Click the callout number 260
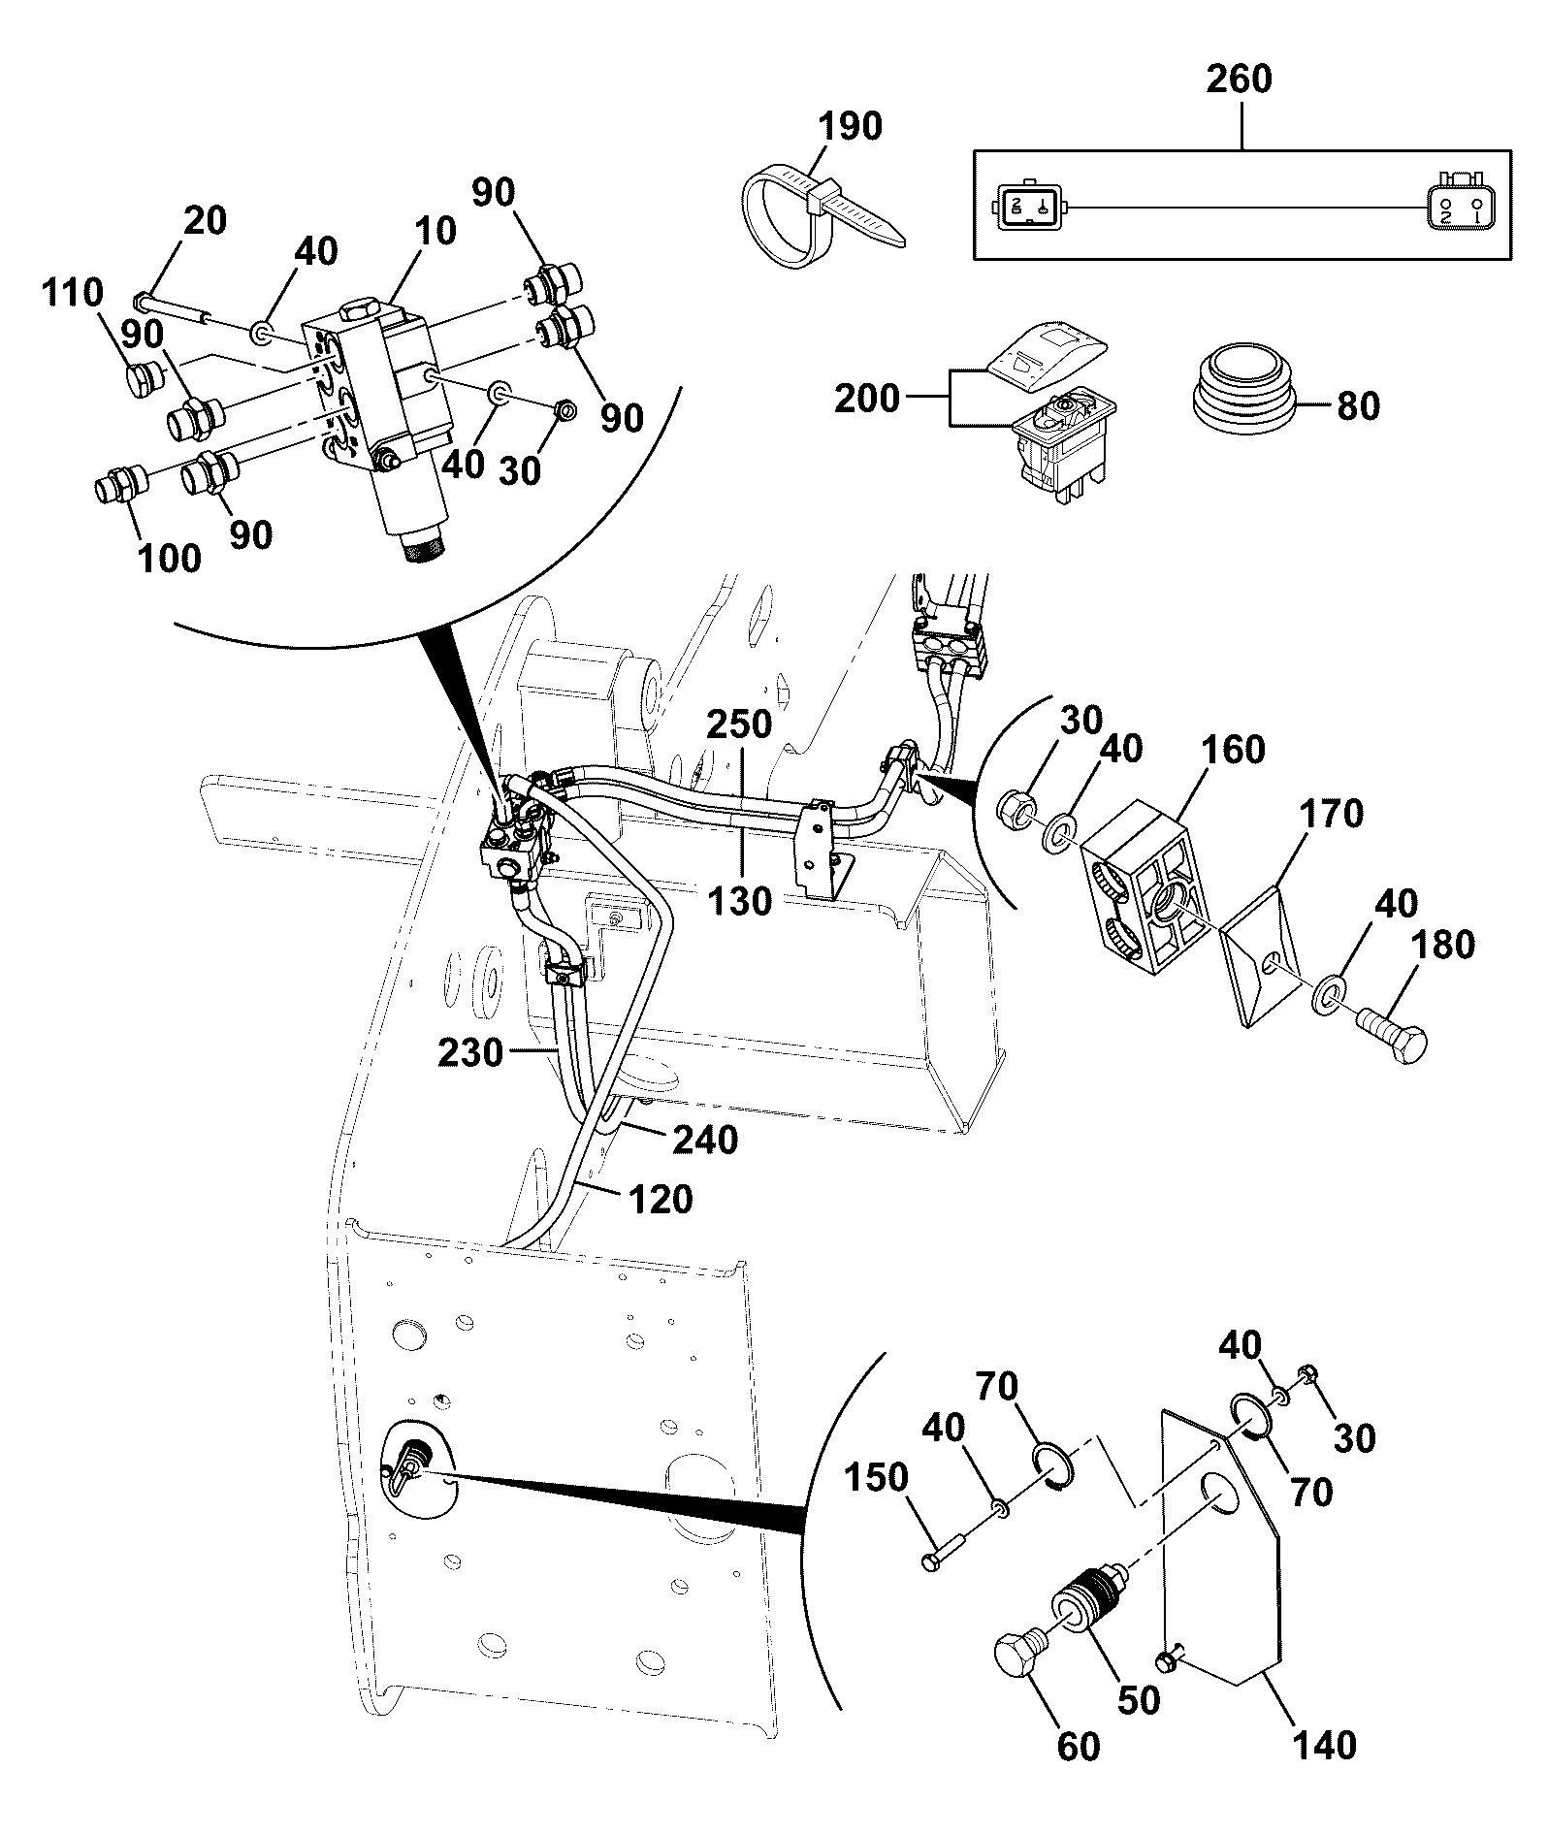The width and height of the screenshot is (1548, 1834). tap(1239, 79)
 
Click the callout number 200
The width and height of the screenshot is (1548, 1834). tap(867, 399)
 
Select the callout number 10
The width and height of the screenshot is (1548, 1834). tap(434, 232)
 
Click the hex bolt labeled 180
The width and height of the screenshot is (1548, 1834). tap(1393, 1037)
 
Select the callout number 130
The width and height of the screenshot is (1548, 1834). tap(740, 901)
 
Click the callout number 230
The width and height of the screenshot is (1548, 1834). tap(469, 1052)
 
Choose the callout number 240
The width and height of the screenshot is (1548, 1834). tap(705, 1140)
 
